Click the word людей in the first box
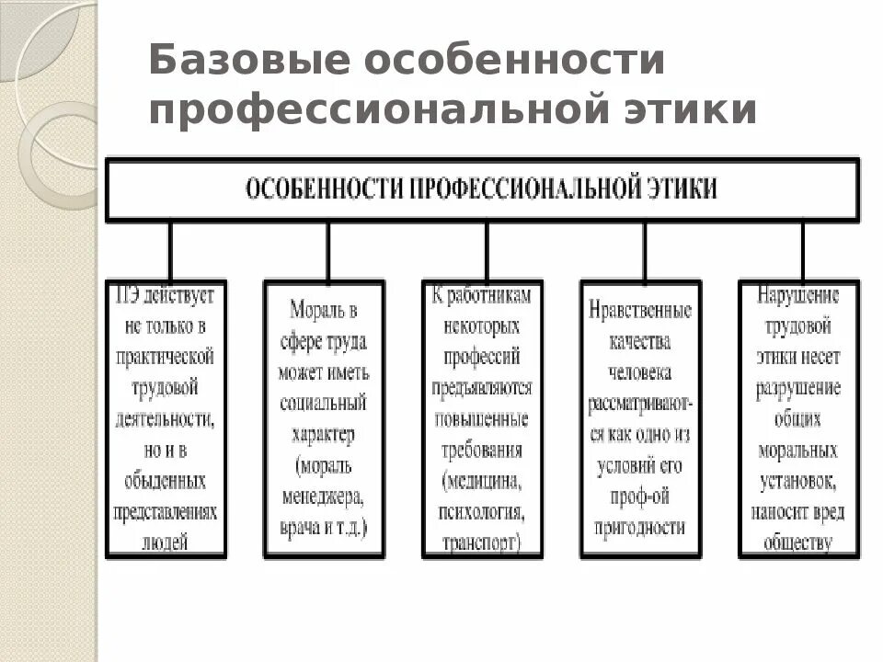tap(166, 542)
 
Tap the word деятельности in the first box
tap(166, 419)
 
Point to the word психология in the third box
tap(483, 511)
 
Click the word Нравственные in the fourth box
tap(640, 310)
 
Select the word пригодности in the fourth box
tap(640, 527)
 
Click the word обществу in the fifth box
tap(798, 542)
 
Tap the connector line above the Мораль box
tap(327, 250)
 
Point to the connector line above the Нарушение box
tap(802, 250)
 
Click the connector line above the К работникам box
tap(486, 250)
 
